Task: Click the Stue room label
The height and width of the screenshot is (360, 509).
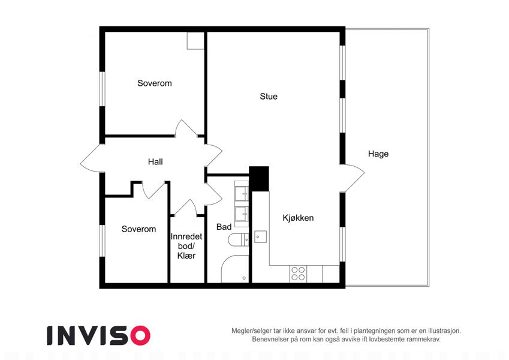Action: (269, 96)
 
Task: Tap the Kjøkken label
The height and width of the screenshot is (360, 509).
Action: (298, 218)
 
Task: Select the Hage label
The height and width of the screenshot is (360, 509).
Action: (378, 154)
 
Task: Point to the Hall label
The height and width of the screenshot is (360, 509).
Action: (155, 161)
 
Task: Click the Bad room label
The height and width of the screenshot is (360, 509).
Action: (224, 227)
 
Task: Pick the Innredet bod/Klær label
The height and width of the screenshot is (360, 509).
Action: (186, 246)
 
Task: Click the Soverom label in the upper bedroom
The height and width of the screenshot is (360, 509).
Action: (155, 83)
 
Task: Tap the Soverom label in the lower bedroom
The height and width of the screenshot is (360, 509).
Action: (138, 229)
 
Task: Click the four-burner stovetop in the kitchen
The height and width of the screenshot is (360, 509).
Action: (298, 274)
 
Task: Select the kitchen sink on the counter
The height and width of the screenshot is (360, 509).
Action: (260, 237)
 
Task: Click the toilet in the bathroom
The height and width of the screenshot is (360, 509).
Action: (238, 240)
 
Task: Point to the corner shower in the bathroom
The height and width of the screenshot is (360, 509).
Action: (235, 269)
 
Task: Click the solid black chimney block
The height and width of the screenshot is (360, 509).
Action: (259, 179)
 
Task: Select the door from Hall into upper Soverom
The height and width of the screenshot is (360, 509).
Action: (186, 128)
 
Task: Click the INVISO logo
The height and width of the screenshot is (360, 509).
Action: (99, 335)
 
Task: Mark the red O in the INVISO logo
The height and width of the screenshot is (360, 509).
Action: (140, 335)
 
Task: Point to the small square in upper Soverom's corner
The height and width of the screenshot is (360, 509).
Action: (195, 41)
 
